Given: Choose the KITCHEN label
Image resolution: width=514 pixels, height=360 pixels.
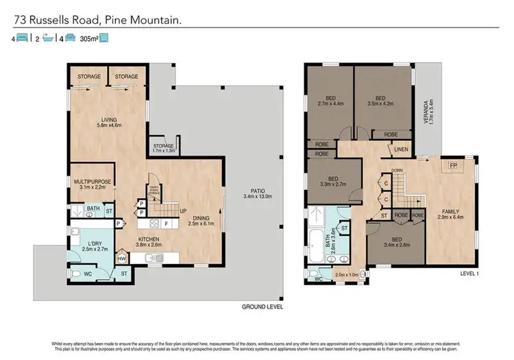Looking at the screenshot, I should [149, 241].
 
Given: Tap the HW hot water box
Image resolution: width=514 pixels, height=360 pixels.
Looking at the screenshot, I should [121, 259].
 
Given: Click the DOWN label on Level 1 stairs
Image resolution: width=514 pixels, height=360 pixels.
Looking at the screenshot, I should [395, 170].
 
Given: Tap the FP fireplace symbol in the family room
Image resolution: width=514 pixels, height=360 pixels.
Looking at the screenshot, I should [452, 166].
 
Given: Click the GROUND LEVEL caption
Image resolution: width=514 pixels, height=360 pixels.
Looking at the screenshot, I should [262, 306].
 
